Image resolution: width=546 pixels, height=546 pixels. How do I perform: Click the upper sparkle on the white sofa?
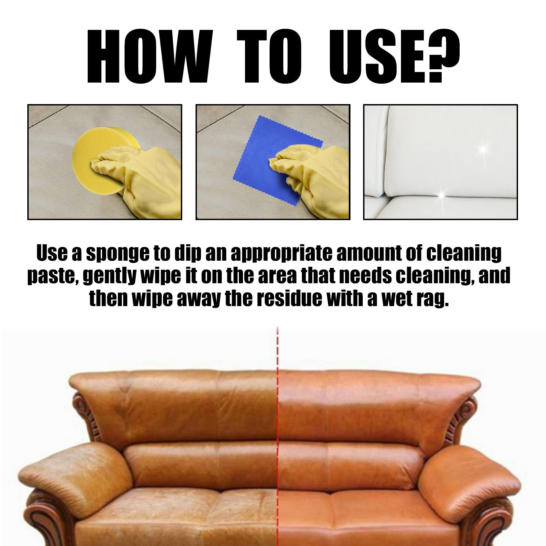click(483, 149)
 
